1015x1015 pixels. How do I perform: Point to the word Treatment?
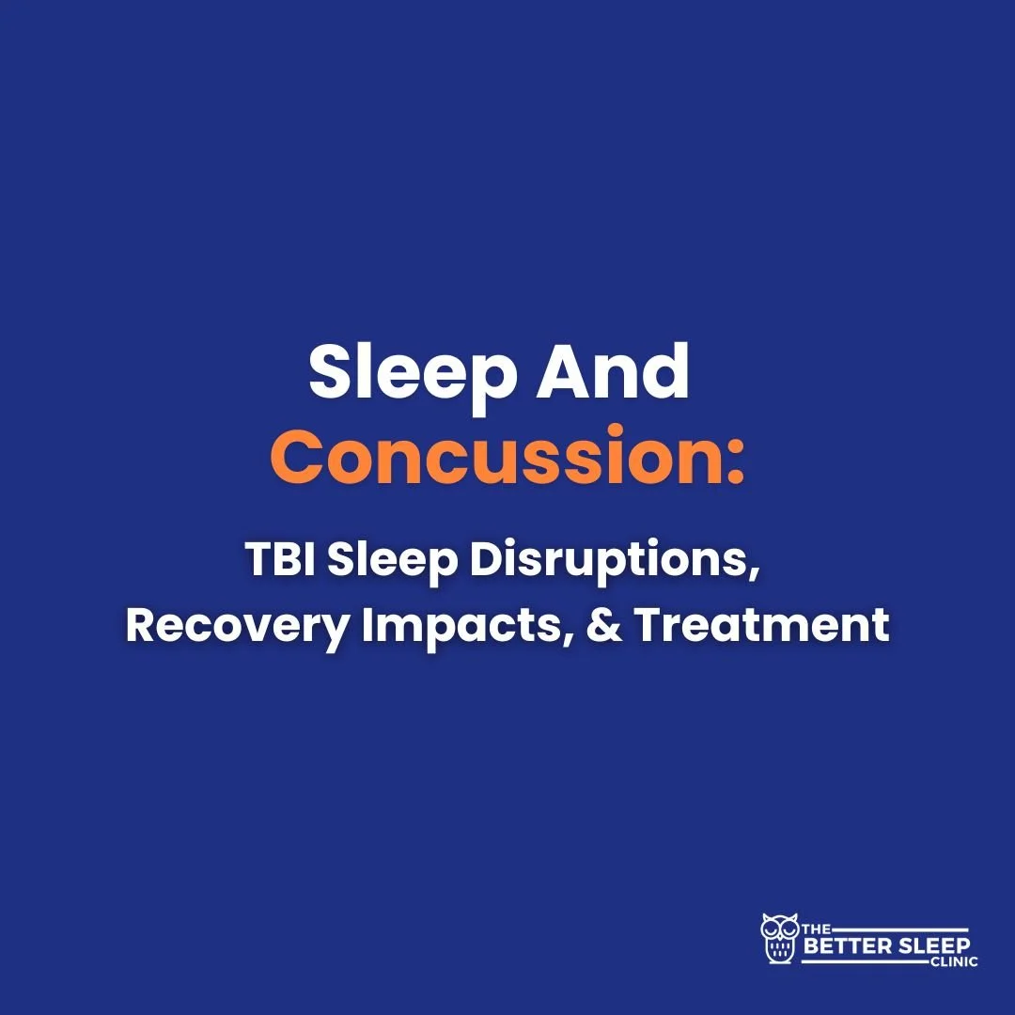[762, 625]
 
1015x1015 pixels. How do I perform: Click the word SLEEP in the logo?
[929, 945]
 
